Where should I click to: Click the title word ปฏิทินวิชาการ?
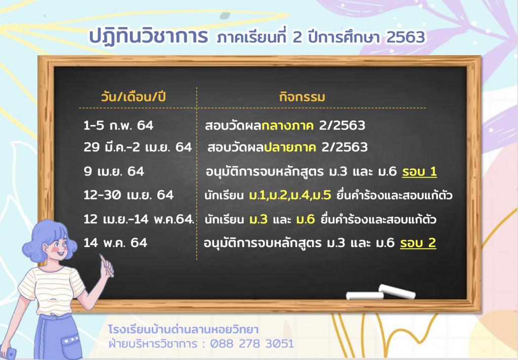[149, 36]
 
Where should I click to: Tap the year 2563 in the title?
[405, 37]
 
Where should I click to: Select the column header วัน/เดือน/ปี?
[133, 97]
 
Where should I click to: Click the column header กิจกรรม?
[302, 97]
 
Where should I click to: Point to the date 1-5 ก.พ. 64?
[118, 125]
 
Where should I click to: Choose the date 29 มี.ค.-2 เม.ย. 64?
[138, 147]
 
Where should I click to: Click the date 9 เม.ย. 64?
[114, 171]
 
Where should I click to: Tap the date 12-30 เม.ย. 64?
[128, 195]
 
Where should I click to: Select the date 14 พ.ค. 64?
[115, 243]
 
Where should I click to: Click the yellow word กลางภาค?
[287, 126]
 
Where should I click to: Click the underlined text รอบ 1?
[419, 172]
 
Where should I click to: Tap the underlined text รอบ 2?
[418, 243]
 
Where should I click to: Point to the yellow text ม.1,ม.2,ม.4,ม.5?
[290, 195]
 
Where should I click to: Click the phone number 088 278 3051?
[252, 343]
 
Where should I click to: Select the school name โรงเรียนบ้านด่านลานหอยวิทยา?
[183, 330]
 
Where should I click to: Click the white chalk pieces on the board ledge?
[380, 292]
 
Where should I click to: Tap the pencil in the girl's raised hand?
[106, 264]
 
